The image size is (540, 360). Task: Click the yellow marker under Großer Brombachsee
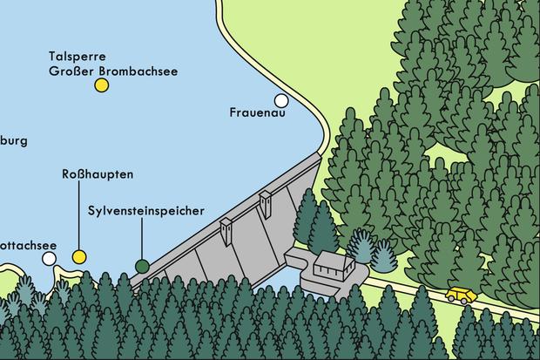[102, 85]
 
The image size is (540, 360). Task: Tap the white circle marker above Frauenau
[280, 100]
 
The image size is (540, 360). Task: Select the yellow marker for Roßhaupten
[79, 256]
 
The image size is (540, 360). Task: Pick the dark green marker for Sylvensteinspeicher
[142, 265]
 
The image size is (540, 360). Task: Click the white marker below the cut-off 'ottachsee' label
[50, 258]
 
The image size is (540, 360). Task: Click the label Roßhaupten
[98, 174]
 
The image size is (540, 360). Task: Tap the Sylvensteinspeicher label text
[146, 211]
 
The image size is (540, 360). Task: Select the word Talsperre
[76, 55]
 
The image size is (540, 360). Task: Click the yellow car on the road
[461, 294]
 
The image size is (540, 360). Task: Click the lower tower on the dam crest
[227, 230]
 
